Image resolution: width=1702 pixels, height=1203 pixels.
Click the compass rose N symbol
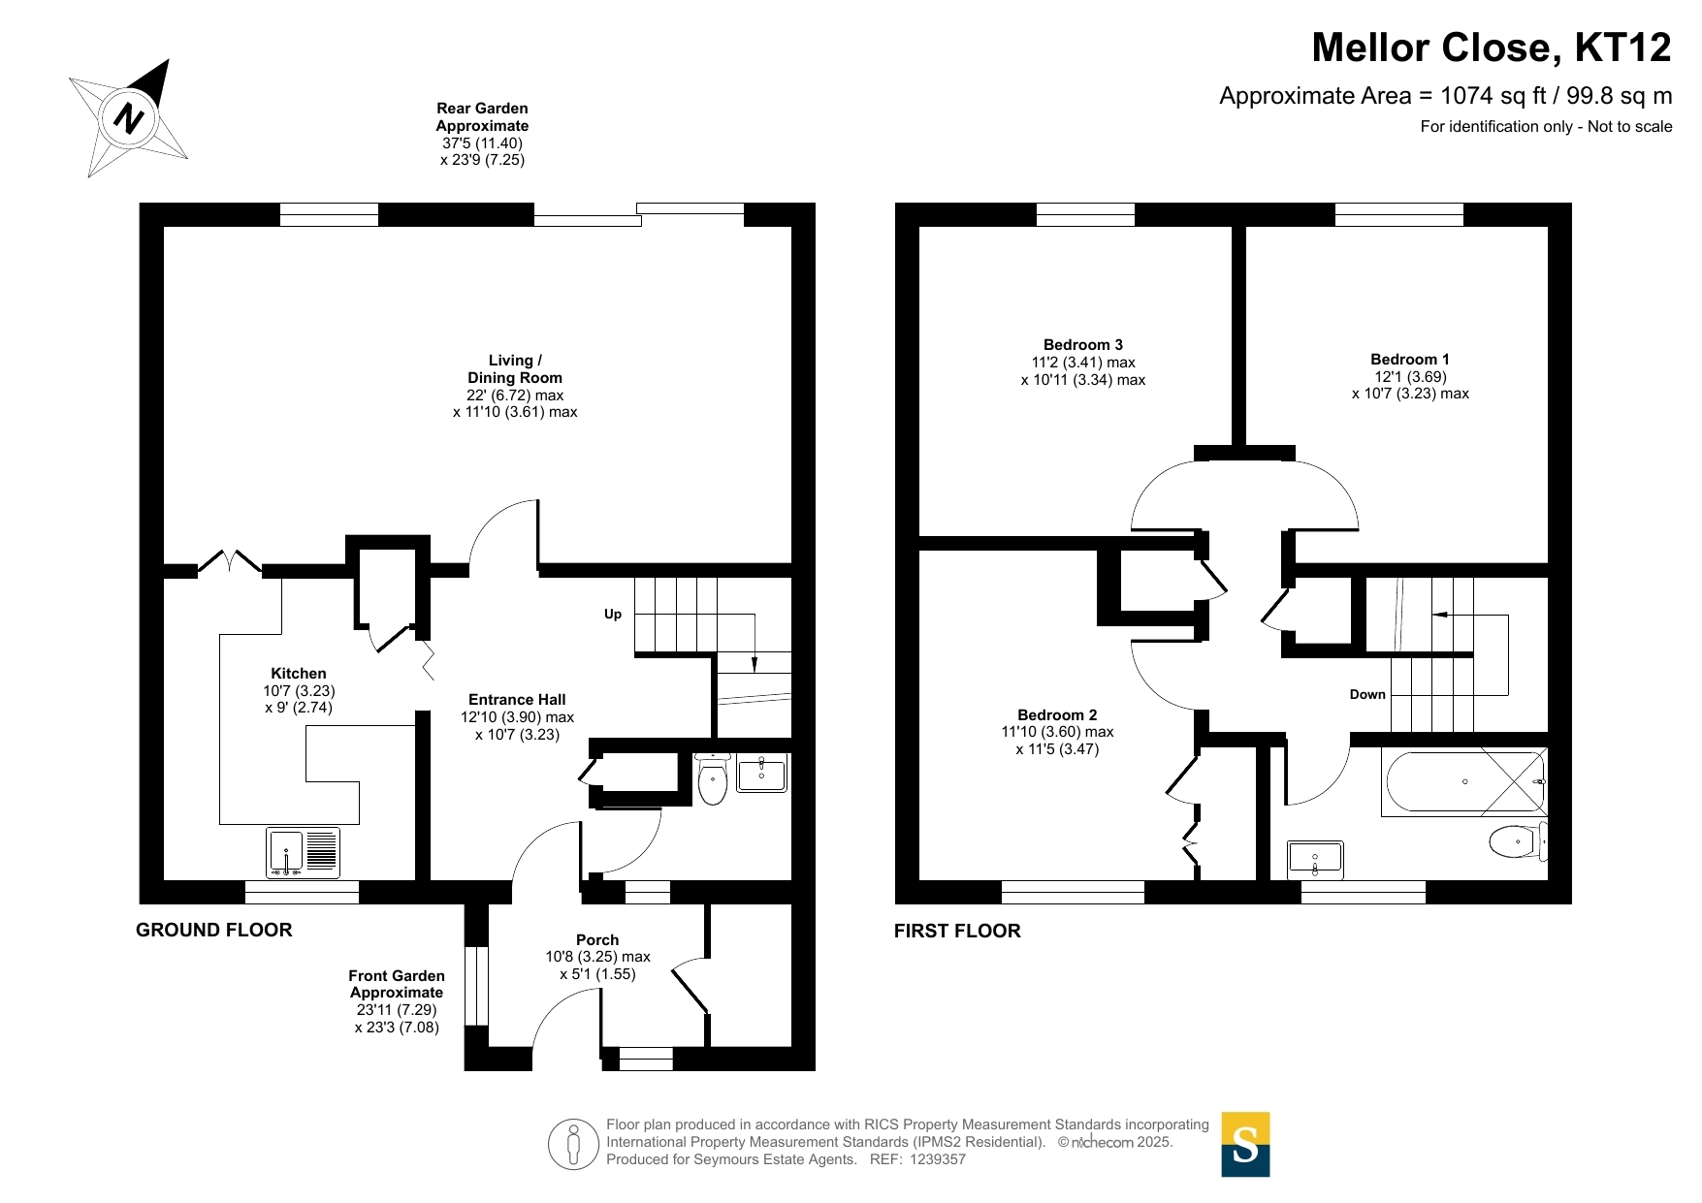pos(129,117)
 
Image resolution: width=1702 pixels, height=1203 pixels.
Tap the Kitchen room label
pos(299,674)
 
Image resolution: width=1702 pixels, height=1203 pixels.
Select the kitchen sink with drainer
pos(304,853)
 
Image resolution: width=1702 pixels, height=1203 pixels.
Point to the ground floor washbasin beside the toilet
pos(761,773)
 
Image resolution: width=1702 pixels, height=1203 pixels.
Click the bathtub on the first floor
pos(1464,782)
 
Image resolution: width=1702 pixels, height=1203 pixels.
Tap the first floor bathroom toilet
pos(1519,841)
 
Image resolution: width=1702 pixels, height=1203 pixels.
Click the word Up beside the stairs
pos(613,615)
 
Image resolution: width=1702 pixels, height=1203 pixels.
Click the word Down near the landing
pos(1367,694)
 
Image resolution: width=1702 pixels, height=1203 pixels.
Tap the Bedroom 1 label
pos(1410,360)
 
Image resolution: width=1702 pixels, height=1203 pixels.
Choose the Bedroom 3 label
pos(1083,345)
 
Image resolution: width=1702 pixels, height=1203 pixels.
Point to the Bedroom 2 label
pos(1057,715)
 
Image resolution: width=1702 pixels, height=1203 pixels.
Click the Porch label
pos(597,940)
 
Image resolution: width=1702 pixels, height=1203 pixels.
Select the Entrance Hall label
pos(517,700)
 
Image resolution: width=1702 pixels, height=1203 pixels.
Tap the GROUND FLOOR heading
pos(214,931)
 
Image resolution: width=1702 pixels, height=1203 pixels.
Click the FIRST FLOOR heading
pos(957,932)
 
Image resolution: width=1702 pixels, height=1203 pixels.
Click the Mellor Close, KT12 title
pos(1492,47)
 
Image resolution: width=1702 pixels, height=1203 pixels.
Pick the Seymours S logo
pos(1245,1145)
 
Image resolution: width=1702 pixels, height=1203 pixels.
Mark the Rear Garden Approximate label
pos(482,117)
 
